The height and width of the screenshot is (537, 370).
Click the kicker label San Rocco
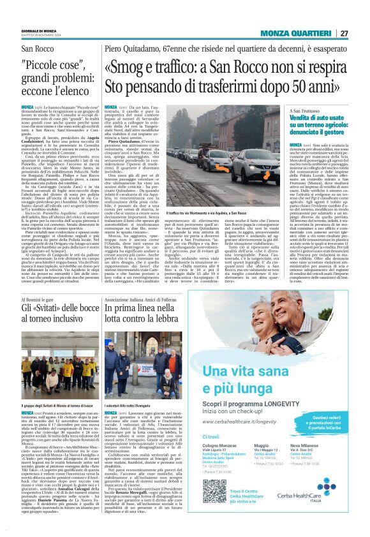38,48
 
